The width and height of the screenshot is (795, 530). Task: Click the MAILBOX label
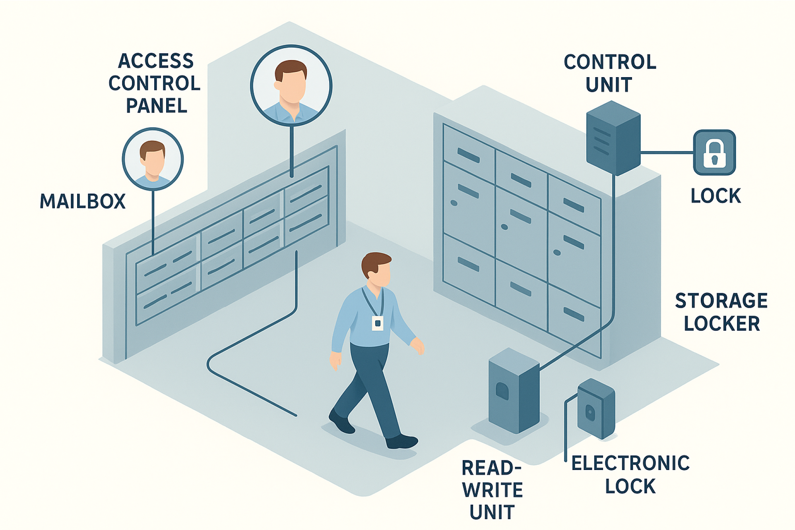tap(83, 201)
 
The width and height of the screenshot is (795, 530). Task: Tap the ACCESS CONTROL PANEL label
tap(155, 83)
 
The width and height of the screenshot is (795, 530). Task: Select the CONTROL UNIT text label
tap(610, 73)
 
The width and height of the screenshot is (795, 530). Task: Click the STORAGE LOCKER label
tap(721, 312)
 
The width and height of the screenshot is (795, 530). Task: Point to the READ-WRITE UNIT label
tap(492, 489)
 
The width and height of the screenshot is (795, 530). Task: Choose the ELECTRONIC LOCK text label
tap(630, 474)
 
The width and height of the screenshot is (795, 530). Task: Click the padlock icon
tap(714, 152)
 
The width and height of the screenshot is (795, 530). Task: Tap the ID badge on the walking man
tap(377, 323)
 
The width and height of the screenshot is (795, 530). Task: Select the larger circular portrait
tap(291, 85)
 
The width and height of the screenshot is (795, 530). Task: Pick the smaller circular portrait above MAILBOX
tap(153, 159)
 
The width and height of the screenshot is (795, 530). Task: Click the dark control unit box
tap(613, 138)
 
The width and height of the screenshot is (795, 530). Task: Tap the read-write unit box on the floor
tap(514, 390)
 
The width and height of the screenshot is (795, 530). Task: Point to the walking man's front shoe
tap(401, 441)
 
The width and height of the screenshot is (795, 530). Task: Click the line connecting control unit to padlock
tap(667, 152)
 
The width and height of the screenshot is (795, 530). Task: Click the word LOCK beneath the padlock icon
tap(715, 196)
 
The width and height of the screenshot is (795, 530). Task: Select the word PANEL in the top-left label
tap(157, 106)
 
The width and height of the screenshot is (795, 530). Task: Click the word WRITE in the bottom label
tap(493, 490)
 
